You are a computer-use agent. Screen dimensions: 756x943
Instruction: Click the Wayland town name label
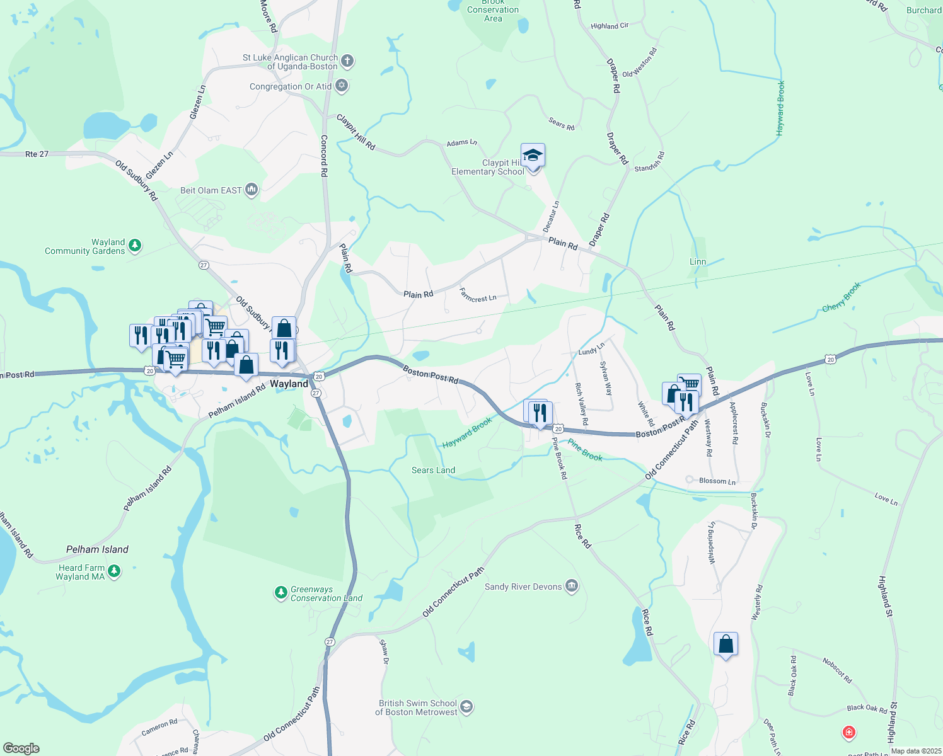coord(289,384)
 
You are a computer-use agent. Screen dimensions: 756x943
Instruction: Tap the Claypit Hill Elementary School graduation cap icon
coord(533,155)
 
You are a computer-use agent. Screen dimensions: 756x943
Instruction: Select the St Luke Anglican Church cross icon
coord(347,61)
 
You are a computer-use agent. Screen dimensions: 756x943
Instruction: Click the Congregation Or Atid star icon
coord(342,86)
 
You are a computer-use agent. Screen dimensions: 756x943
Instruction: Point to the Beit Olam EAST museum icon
coord(252,190)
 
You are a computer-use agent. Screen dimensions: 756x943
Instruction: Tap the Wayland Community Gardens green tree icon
coord(135,246)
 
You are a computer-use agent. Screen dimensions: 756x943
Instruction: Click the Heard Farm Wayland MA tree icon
coord(114,571)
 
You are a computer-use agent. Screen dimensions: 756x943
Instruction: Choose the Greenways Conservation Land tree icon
coord(281,593)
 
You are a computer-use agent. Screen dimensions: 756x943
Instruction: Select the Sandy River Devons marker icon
coord(572,586)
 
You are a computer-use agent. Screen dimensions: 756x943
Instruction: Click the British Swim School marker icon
coord(466,707)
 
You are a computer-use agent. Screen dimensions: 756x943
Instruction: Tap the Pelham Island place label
coord(97,549)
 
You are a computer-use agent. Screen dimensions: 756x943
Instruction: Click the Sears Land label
coord(433,470)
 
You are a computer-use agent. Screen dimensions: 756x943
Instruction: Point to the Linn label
coord(698,261)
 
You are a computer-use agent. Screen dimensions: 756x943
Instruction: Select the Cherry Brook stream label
coord(842,297)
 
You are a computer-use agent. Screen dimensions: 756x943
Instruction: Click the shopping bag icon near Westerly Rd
coord(726,644)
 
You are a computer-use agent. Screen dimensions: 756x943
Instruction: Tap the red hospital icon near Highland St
coord(849,733)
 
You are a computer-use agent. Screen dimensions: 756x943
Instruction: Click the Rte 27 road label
coord(37,154)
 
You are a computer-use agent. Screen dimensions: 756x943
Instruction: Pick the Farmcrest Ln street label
coord(478,295)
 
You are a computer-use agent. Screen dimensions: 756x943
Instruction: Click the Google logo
coord(21,748)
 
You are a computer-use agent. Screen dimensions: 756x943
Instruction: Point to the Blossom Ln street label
coord(717,481)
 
